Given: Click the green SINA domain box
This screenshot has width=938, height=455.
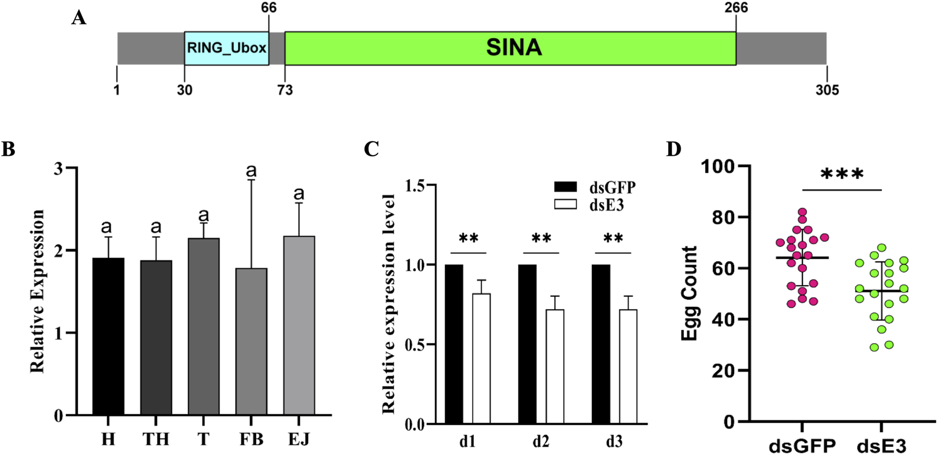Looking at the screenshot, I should pyautogui.click(x=510, y=48).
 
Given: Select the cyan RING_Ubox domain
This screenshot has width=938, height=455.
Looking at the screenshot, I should pyautogui.click(x=227, y=48).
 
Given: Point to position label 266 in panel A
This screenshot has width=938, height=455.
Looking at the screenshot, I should pyautogui.click(x=736, y=7).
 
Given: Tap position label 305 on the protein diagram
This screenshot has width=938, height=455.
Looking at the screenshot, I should pyautogui.click(x=827, y=90).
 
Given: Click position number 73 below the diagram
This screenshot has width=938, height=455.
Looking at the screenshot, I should pyautogui.click(x=285, y=90).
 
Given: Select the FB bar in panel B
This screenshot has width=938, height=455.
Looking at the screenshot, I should pyautogui.click(x=251, y=341).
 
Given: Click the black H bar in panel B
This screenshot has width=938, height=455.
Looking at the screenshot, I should pyautogui.click(x=108, y=336).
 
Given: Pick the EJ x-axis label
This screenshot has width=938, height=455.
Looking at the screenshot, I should pyautogui.click(x=299, y=439).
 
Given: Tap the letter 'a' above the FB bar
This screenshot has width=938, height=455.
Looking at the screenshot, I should pyautogui.click(x=251, y=171).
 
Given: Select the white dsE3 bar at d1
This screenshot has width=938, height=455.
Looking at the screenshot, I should pyautogui.click(x=481, y=358).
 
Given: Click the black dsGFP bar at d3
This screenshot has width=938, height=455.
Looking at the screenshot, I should pyautogui.click(x=601, y=344).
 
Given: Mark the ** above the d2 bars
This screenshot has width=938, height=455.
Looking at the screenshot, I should pyautogui.click(x=541, y=238).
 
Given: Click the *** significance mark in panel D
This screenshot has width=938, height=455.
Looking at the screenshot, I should pyautogui.click(x=842, y=174).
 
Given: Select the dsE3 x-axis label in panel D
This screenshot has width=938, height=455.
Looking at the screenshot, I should pyautogui.click(x=881, y=445).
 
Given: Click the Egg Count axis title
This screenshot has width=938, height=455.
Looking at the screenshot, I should pyautogui.click(x=690, y=294).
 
